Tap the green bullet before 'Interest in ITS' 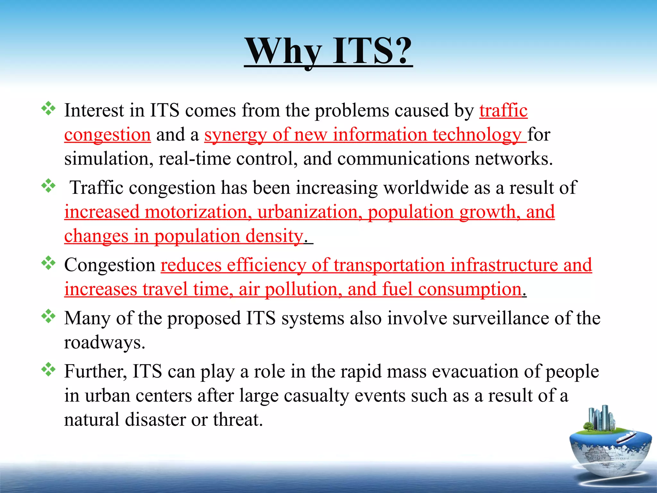point(48,108)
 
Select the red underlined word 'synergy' point(235,135)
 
